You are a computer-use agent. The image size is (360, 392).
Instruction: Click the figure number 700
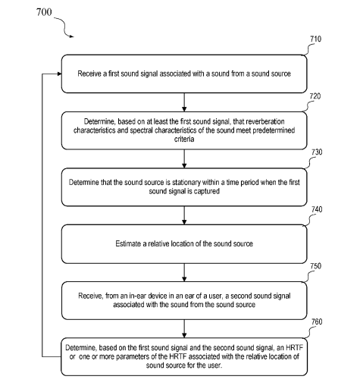[x=44, y=12]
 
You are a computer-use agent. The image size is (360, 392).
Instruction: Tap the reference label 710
[x=315, y=39]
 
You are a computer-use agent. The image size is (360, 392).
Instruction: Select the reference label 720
[x=315, y=96]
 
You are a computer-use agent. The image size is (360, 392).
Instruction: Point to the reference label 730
[x=317, y=152]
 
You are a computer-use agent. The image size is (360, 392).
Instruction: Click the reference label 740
[x=317, y=209]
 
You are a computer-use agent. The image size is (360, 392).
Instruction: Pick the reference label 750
[x=315, y=266]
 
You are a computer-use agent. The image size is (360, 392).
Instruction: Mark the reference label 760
[x=317, y=322]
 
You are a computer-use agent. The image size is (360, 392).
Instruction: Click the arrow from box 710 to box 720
[x=184, y=102]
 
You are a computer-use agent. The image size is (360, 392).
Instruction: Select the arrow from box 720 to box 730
[x=184, y=158]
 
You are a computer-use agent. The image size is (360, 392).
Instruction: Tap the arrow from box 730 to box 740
[x=184, y=215]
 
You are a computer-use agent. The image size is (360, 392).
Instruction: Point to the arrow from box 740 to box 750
[x=184, y=272]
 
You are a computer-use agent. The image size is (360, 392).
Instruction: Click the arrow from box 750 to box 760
[x=184, y=328]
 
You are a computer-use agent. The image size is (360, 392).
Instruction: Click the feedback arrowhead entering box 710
[x=60, y=74]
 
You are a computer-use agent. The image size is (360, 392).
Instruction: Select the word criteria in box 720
[x=184, y=140]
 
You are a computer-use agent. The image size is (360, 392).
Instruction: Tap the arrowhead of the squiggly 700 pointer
[x=72, y=36]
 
